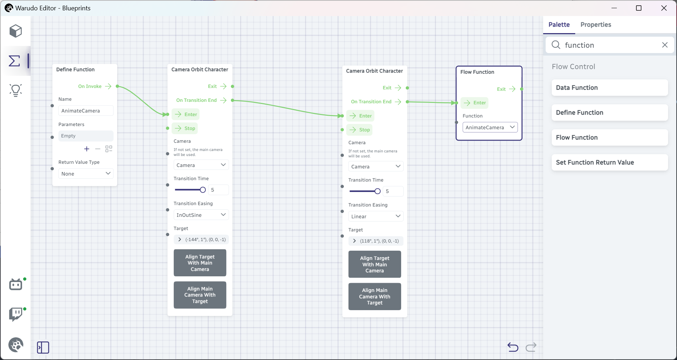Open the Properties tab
(595, 25)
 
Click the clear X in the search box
(665, 45)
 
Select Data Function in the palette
(609, 88)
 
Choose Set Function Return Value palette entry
(609, 162)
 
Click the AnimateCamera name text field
(86, 111)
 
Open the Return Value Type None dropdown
(86, 174)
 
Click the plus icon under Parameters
(86, 149)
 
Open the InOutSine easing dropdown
(201, 215)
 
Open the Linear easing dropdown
(376, 216)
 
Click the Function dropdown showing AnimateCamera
(490, 127)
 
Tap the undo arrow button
(513, 347)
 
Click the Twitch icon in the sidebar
(16, 314)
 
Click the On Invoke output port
(117, 86)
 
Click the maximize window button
(639, 8)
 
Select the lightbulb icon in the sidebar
(16, 90)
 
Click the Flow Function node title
(477, 72)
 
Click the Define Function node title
(75, 69)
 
